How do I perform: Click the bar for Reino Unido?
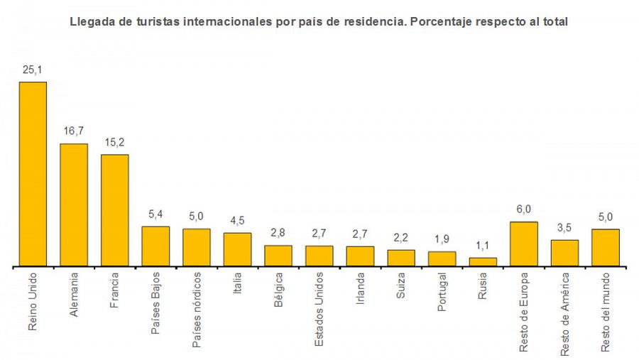[x=33, y=174]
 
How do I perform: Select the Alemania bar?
[x=74, y=204]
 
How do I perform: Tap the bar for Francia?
[x=114, y=210]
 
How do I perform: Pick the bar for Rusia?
[x=483, y=262]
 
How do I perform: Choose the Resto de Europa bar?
[x=524, y=244]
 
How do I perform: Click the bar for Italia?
[x=237, y=249]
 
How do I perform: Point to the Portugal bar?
[x=442, y=259]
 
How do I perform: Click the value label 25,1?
[x=33, y=70]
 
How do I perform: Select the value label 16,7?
[x=74, y=132]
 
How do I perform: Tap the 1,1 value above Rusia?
[x=483, y=246]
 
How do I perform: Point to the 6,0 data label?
[x=524, y=210]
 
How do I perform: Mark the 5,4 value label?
[x=155, y=214]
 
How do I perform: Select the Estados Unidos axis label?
[x=319, y=309]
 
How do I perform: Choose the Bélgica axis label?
[x=278, y=290]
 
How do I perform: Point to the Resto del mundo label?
[x=606, y=312]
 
